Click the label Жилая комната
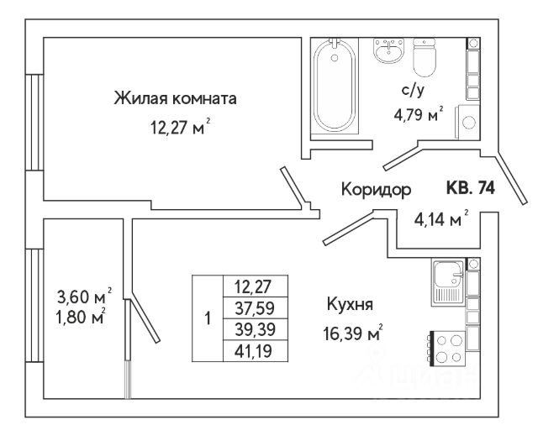pyautogui.click(x=175, y=99)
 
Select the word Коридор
pyautogui.click(x=376, y=190)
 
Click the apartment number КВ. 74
pyautogui.click(x=469, y=189)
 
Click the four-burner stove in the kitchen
pyautogui.click(x=447, y=348)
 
